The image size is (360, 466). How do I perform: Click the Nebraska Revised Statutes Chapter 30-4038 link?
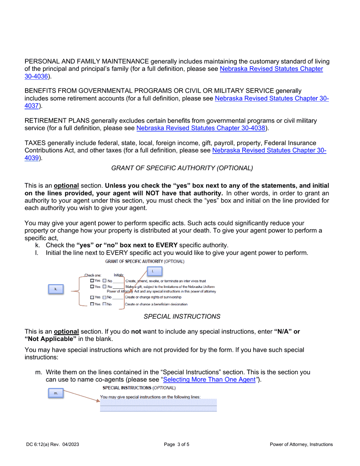click(201, 128)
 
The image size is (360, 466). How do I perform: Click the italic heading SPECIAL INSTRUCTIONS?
click(182, 316)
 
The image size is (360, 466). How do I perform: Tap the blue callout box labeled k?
click(56, 289)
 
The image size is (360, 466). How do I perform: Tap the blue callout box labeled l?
click(153, 271)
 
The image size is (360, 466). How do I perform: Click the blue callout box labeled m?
click(56, 394)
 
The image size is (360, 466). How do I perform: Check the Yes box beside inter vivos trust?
click(92, 281)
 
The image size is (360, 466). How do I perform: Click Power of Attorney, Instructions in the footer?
click(301, 445)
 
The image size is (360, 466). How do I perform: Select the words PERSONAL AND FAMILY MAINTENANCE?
click(87, 61)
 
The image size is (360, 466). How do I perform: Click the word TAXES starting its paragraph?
click(35, 143)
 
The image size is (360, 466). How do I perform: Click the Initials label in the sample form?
click(119, 275)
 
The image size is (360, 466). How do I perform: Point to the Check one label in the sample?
click(93, 275)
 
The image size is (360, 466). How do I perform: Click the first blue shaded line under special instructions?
click(158, 402)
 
